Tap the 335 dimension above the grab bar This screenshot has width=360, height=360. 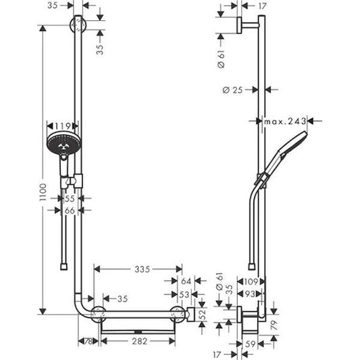click(140, 269)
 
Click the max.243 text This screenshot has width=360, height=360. click(286, 121)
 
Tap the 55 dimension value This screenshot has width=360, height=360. click(69, 199)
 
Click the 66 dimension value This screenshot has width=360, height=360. click(69, 211)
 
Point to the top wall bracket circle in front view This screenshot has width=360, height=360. click(80, 28)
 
